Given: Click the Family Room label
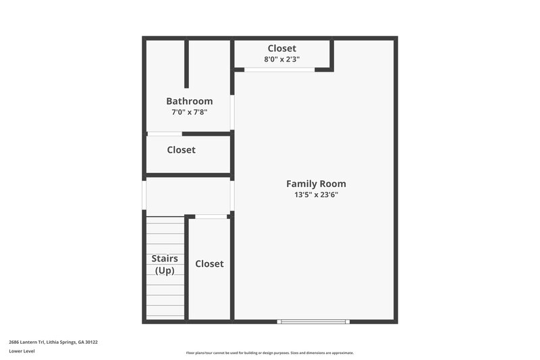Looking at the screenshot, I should [316, 183].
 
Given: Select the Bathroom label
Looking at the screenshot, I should [189, 101].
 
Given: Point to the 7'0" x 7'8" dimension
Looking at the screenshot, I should [189, 112].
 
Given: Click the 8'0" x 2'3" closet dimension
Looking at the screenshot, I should [281, 59].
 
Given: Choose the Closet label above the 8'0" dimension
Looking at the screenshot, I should [281, 48].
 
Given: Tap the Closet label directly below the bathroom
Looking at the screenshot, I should [181, 150].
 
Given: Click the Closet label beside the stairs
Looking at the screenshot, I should [209, 263].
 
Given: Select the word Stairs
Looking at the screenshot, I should [165, 258].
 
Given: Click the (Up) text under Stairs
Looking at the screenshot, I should [165, 270].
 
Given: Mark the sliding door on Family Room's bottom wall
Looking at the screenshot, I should [314, 322].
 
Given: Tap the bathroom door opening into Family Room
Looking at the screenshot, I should [232, 112].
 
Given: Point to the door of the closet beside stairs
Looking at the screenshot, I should [211, 216].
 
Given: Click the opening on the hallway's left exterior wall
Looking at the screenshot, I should [144, 195].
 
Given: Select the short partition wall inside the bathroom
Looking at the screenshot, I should [187, 64].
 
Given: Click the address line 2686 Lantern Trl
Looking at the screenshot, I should [53, 342].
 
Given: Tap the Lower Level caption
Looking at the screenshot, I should [23, 352].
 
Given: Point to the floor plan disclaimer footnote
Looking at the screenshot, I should [270, 353].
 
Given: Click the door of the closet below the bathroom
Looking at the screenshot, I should [165, 134].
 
